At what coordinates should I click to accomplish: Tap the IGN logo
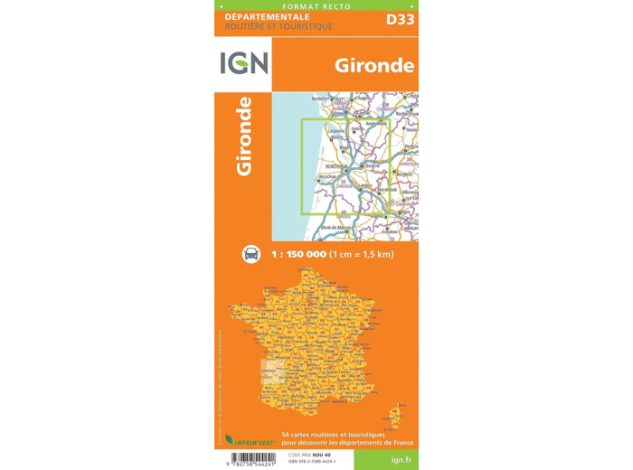coord(242,64)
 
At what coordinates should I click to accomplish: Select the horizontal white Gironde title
coord(374,65)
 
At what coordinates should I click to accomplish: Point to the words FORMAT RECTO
coord(316,5)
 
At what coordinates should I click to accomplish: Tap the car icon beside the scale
coord(251,254)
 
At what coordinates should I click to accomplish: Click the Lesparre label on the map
coord(325,132)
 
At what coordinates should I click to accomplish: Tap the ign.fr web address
coord(385,458)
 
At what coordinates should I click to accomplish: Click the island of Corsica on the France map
coord(393,417)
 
